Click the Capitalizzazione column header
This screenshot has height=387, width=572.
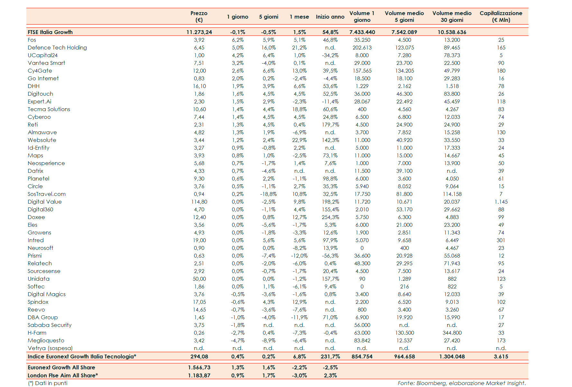[501, 16]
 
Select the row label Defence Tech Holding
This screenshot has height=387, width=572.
[57, 48]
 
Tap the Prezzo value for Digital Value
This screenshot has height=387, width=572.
[199, 202]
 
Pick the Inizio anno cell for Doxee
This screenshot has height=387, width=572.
[330, 217]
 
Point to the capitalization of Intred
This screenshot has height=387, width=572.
[501, 240]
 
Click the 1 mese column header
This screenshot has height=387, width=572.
[299, 17]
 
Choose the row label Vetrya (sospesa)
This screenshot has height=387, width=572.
[50, 348]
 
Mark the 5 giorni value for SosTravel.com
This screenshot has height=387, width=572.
[268, 194]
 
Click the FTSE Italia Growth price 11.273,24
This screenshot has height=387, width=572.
[199, 32]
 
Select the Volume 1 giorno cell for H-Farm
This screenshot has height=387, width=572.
[362, 333]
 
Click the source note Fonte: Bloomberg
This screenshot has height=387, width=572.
[461, 383]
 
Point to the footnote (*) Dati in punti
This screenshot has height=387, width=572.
[48, 383]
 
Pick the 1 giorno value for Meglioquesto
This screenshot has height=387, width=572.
[238, 340]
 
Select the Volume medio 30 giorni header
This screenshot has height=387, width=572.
[452, 16]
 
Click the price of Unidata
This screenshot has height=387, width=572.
[199, 279]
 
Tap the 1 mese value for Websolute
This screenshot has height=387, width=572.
[299, 140]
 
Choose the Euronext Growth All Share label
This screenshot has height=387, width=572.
[61, 367]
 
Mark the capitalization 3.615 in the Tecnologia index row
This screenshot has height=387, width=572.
[501, 356]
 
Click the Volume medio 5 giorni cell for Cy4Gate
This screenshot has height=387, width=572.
[404, 71]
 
